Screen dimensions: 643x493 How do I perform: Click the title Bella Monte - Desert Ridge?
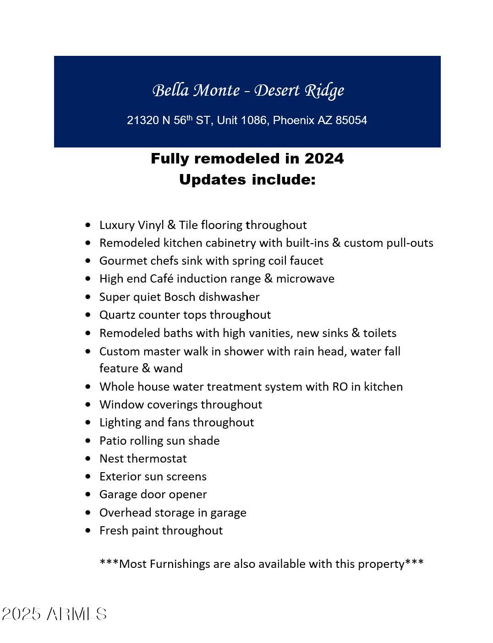(248, 91)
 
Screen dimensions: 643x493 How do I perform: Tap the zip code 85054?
(351, 120)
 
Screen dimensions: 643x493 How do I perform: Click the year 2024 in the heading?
(324, 158)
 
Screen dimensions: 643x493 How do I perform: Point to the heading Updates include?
(247, 180)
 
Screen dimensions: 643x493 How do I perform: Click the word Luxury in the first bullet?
(115, 225)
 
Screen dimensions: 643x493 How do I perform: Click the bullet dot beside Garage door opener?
(88, 495)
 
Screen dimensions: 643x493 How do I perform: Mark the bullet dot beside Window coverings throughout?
(88, 404)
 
